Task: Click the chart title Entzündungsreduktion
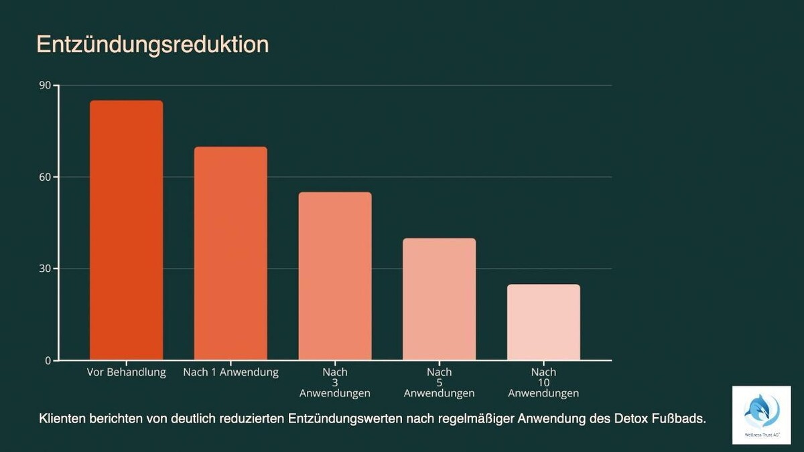152,44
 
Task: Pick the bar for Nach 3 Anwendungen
335,276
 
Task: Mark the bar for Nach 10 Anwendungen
543,322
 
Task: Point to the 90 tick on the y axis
45,85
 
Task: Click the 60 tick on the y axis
45,177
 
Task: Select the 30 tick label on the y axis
45,269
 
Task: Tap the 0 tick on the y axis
48,360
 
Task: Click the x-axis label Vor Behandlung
126,372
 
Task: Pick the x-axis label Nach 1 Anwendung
230,372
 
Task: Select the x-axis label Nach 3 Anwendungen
335,382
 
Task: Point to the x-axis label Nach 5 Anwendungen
439,382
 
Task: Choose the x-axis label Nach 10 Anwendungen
543,382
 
